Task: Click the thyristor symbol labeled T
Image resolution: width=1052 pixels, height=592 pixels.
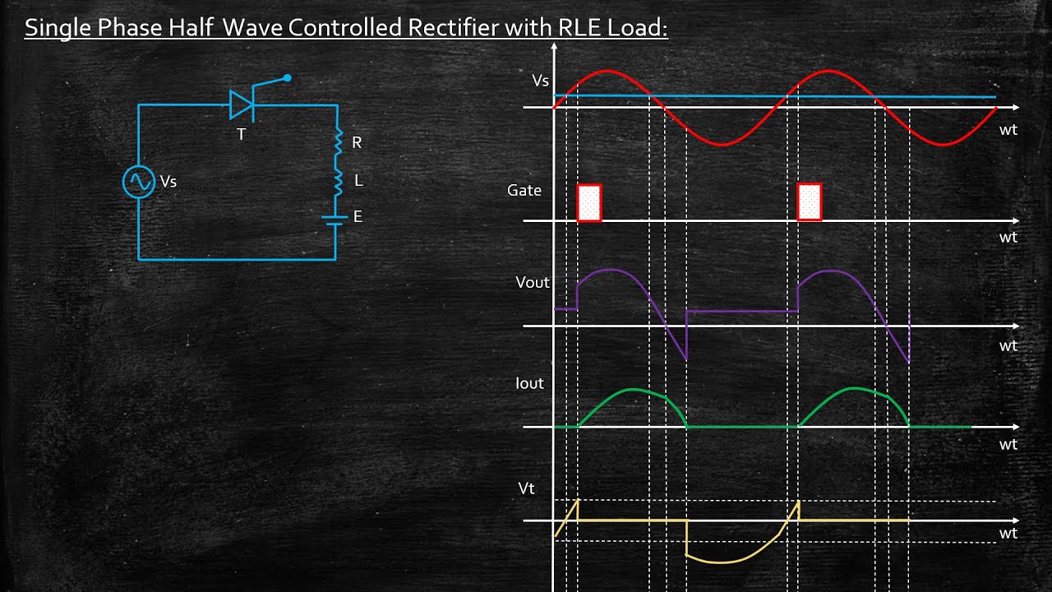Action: tap(242, 104)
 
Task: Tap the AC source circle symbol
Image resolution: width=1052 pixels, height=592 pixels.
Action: tap(139, 182)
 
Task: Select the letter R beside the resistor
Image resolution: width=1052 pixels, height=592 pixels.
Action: tap(357, 143)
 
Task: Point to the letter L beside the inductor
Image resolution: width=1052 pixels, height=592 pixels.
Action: tap(358, 180)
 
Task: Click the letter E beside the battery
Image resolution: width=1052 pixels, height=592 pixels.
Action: tap(358, 216)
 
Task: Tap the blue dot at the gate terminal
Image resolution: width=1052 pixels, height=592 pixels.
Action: tap(288, 78)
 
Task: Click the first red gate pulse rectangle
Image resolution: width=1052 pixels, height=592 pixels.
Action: tap(589, 202)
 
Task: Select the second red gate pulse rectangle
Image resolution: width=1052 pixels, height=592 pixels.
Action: tap(810, 202)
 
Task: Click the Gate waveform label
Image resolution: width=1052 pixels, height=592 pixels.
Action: tap(524, 190)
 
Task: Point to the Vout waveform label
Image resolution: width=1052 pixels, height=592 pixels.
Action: tap(533, 282)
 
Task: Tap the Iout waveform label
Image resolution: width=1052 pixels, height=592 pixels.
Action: tap(530, 383)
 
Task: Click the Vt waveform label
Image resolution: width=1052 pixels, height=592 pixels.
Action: tap(527, 488)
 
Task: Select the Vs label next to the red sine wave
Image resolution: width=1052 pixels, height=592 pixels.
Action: tap(541, 81)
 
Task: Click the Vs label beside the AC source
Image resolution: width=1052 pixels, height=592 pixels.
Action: tap(168, 182)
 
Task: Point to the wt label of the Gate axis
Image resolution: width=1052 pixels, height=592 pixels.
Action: tap(1008, 238)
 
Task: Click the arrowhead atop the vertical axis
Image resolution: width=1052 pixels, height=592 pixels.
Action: tap(554, 46)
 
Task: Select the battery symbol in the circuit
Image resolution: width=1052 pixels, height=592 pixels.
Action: tap(335, 221)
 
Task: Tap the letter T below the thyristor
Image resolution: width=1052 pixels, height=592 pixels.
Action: tap(242, 135)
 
